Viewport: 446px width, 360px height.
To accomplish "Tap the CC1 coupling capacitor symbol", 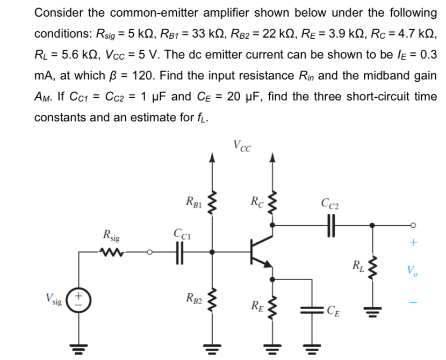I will tap(179, 251).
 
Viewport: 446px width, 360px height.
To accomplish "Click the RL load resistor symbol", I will tap(371, 267).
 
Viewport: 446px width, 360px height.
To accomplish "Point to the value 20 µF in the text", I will tap(244, 97).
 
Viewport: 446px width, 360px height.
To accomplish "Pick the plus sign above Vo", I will tap(412, 243).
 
